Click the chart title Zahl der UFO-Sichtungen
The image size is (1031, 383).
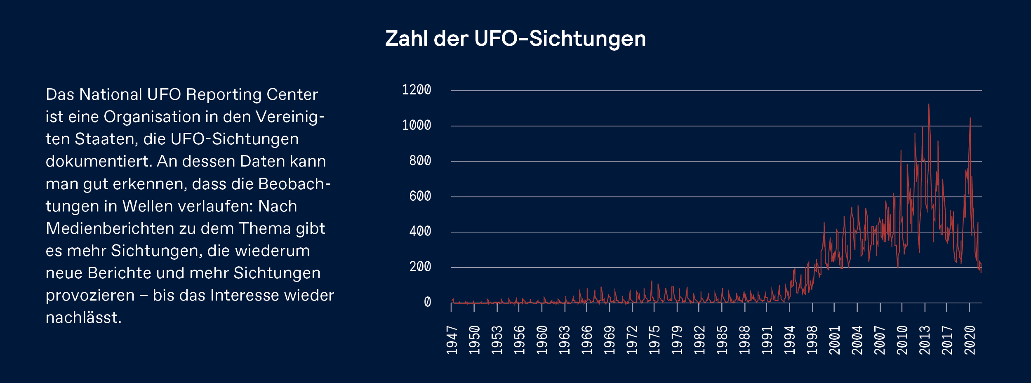point(515,39)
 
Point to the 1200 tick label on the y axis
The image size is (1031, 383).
point(417,89)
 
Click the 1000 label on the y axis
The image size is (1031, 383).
point(417,125)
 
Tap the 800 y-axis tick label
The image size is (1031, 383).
point(420,160)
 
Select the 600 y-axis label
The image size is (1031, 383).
point(420,196)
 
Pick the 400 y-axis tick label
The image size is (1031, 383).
point(420,231)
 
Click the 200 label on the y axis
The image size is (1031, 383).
point(420,267)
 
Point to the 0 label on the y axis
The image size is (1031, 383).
point(427,302)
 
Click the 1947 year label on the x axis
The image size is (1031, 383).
point(452,340)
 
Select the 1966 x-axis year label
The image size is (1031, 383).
point(587,340)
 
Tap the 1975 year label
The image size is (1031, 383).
point(654,340)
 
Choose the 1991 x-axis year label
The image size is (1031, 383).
point(767,340)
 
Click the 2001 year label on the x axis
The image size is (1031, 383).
point(834,340)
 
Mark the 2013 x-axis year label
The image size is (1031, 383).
point(924,340)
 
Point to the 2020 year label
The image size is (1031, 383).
point(970,340)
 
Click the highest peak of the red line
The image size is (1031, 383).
point(929,105)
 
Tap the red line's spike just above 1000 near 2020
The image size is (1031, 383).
point(970,119)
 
